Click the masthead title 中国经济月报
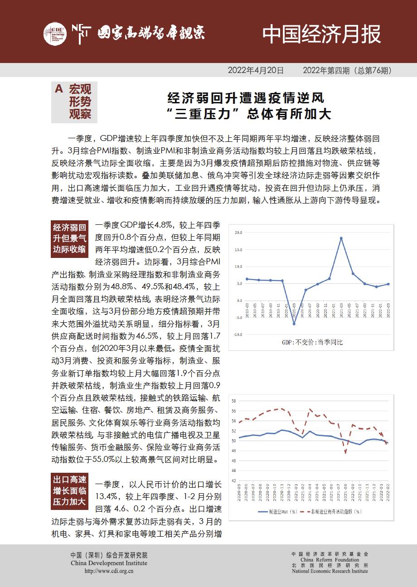coord(322,34)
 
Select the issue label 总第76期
coord(373,71)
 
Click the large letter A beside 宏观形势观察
coord(58,90)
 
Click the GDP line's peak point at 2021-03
coord(341,238)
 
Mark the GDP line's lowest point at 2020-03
coord(294,324)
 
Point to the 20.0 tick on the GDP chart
coord(239,233)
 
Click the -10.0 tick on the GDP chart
coord(238,335)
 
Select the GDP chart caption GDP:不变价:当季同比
coord(312,342)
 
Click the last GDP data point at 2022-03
coord(388,284)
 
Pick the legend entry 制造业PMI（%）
coord(277,511)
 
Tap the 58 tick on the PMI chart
coord(234,401)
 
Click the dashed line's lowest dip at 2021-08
coord(345,452)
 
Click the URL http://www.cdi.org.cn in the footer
coord(109,571)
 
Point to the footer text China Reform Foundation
coord(330,560)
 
